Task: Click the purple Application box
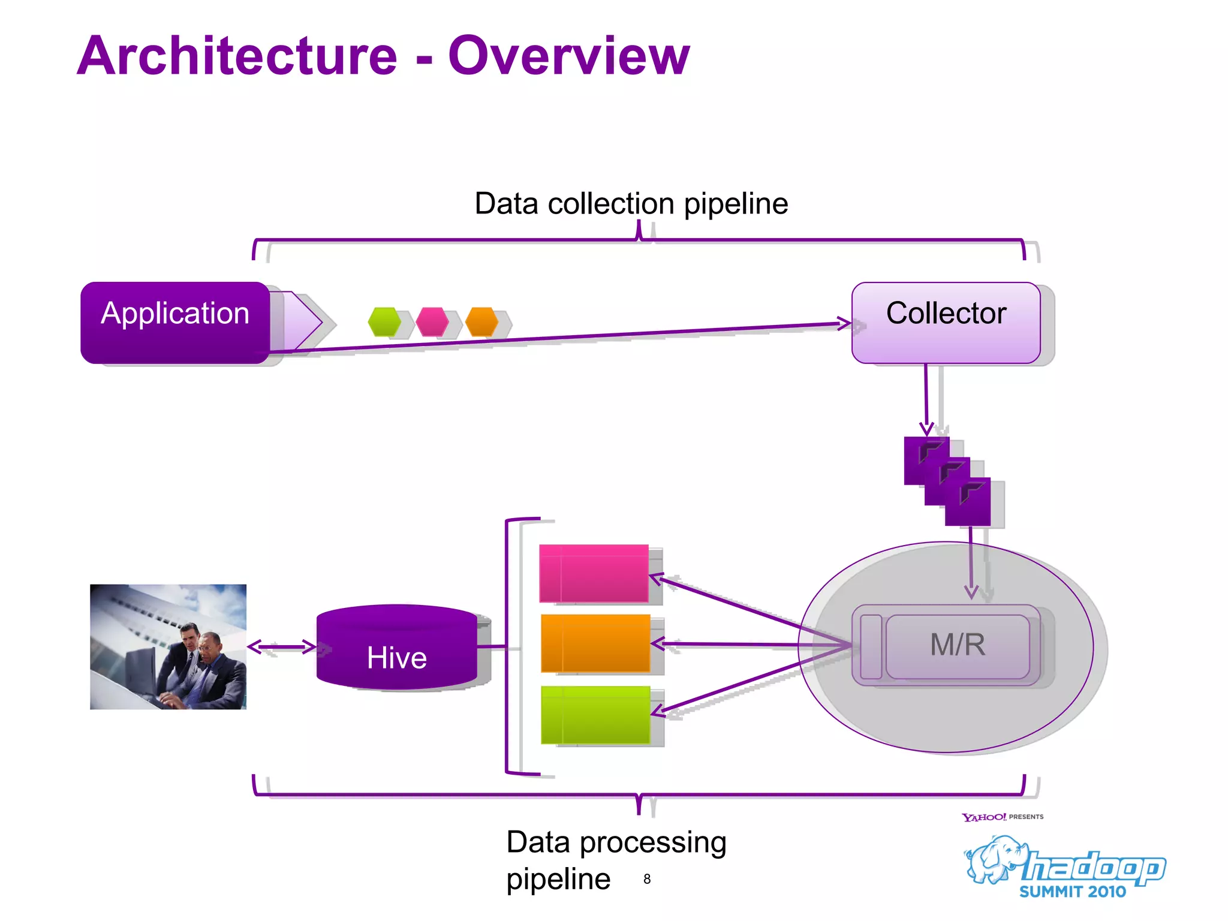(x=175, y=322)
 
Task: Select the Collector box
(x=946, y=322)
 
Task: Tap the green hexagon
(x=384, y=322)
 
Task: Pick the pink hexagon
(x=432, y=322)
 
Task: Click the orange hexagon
(x=482, y=322)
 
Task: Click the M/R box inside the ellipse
(x=958, y=645)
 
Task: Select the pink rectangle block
(x=594, y=573)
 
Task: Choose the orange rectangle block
(x=595, y=643)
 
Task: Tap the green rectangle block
(x=595, y=715)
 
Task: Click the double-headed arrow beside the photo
(x=281, y=646)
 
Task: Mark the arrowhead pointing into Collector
(x=844, y=324)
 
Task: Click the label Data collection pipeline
(x=631, y=203)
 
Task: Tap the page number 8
(x=647, y=879)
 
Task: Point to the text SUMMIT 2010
(x=1072, y=892)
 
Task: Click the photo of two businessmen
(x=168, y=646)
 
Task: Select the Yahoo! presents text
(x=1002, y=817)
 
